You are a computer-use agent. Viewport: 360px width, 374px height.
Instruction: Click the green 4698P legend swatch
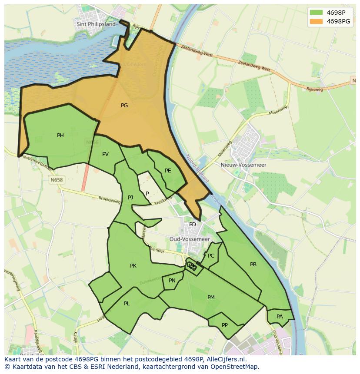point(316,13)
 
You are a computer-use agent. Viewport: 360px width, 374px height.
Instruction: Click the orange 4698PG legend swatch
point(316,21)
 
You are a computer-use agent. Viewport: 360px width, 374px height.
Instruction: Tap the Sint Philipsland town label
point(96,24)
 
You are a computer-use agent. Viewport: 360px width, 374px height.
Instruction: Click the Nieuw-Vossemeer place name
point(249,165)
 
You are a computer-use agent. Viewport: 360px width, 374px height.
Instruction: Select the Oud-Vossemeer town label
point(190,239)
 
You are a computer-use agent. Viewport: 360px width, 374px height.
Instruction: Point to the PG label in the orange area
point(124,106)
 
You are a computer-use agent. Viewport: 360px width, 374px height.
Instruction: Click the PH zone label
point(60,136)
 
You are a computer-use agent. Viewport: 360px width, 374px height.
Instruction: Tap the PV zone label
point(105,154)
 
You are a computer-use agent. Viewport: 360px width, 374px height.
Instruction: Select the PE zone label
point(168,171)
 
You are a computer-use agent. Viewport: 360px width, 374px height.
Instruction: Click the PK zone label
point(133,266)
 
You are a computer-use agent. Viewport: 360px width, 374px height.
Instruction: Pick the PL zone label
point(127,304)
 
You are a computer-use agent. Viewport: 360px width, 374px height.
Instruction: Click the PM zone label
point(211,298)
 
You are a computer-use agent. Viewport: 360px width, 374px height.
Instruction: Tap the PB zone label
point(253,265)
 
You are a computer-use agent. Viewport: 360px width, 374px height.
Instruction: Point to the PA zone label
point(280,317)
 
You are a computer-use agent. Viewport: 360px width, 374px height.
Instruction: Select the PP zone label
point(225,325)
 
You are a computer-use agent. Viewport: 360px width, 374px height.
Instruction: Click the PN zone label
point(172,281)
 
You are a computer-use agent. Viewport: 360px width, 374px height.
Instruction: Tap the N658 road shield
point(57,180)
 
